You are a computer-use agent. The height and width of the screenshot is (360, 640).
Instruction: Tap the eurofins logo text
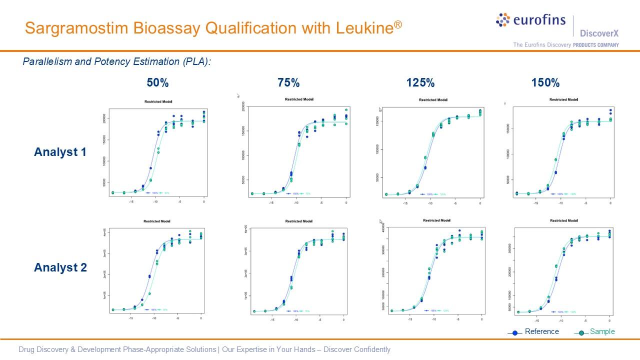(539, 20)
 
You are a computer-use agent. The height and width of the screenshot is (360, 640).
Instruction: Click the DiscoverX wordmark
(599, 33)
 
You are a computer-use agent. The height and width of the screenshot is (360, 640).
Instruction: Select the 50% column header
(157, 83)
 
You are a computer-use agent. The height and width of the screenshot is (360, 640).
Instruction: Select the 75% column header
(288, 83)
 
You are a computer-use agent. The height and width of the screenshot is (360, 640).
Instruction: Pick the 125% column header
(420, 83)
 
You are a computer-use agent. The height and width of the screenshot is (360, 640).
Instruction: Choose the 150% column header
(545, 83)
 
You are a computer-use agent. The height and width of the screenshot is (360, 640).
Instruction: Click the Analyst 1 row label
(60, 152)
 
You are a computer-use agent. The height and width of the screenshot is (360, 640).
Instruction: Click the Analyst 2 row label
(60, 267)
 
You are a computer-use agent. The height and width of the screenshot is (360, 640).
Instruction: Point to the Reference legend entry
(541, 331)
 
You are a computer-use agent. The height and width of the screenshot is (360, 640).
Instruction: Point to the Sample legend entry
(602, 331)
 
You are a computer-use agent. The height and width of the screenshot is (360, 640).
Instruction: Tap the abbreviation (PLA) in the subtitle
(195, 62)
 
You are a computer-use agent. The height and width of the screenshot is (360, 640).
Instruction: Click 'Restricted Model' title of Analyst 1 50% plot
(158, 102)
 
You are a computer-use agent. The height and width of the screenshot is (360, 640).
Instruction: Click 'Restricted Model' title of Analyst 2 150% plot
(563, 220)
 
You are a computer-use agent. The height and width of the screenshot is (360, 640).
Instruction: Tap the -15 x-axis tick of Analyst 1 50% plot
(131, 202)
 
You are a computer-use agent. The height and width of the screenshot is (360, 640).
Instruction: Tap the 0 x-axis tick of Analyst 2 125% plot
(482, 318)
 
